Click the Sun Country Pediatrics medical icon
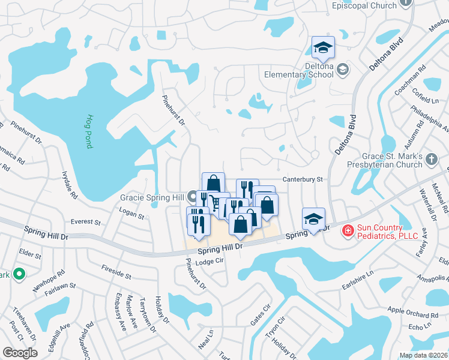click(x=347, y=230)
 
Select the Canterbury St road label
click(x=303, y=179)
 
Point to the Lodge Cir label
click(x=209, y=261)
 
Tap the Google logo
click(x=20, y=353)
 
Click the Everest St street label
click(x=85, y=222)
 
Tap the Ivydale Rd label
click(x=69, y=184)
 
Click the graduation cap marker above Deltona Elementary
click(x=323, y=48)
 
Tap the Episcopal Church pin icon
click(x=406, y=2)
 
